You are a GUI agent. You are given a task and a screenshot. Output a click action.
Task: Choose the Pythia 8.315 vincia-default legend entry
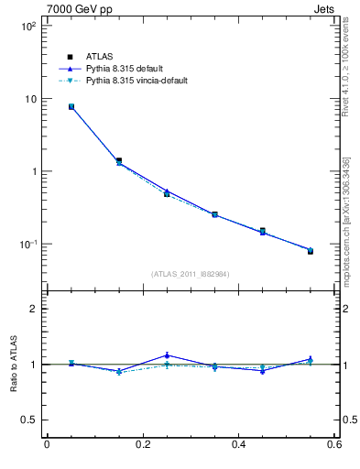click(136, 81)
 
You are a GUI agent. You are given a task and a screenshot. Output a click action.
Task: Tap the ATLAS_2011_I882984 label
click(191, 274)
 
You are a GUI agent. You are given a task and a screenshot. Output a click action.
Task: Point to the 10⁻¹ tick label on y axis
click(27, 245)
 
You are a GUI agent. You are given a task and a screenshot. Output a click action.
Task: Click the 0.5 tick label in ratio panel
click(28, 420)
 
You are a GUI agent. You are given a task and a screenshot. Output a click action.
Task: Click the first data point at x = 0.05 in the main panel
click(71, 107)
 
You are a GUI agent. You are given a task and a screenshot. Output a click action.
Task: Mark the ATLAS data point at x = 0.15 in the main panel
click(118, 160)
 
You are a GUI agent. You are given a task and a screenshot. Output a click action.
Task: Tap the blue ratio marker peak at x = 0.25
click(167, 355)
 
